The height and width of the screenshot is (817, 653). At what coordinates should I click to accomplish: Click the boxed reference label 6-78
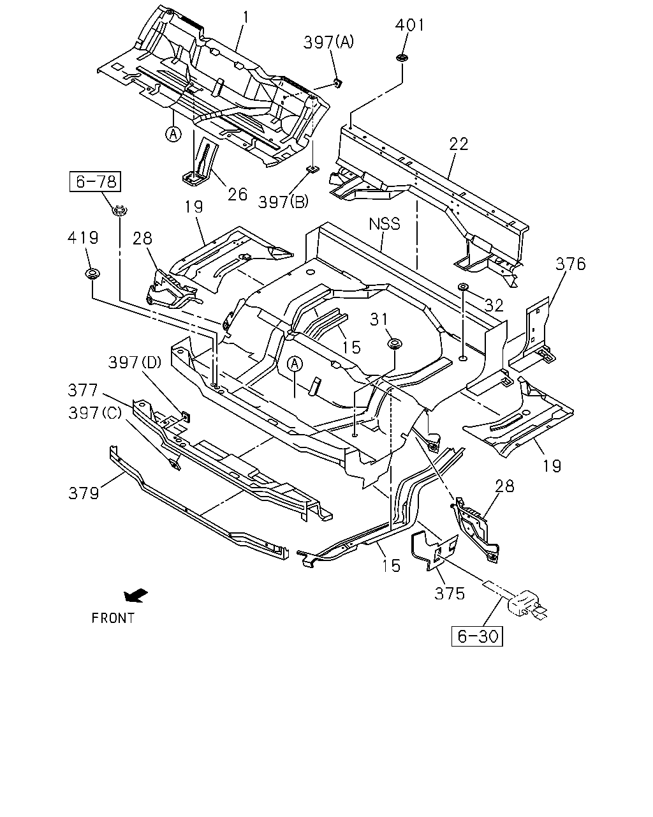click(x=95, y=181)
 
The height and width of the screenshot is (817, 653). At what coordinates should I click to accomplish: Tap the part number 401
click(x=409, y=25)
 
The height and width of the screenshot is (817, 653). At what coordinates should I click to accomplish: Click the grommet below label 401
click(x=401, y=58)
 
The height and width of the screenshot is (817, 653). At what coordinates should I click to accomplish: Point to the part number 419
click(x=83, y=238)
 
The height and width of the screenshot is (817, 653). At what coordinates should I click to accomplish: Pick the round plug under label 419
click(x=92, y=274)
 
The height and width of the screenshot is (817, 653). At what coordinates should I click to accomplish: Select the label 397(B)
click(x=283, y=202)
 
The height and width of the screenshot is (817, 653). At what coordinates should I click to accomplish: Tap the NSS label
click(x=385, y=223)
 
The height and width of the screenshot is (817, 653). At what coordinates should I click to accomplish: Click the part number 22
click(x=459, y=144)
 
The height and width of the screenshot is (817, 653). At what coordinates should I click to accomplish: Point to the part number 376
click(x=570, y=264)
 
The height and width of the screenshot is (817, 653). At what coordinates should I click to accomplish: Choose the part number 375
click(x=449, y=594)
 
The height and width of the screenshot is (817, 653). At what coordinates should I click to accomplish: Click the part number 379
click(x=84, y=493)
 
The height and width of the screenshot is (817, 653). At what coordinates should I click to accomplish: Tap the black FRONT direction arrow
click(x=136, y=596)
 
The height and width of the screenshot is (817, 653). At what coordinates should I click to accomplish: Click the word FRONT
click(x=113, y=618)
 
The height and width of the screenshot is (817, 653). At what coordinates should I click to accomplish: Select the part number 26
click(x=237, y=195)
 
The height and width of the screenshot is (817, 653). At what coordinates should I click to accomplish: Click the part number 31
click(x=378, y=319)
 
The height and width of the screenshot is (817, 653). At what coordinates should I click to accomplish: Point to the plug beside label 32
click(x=463, y=286)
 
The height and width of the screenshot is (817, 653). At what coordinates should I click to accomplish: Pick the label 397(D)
click(x=135, y=363)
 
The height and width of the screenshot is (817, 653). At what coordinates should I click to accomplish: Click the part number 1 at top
click(x=246, y=18)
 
